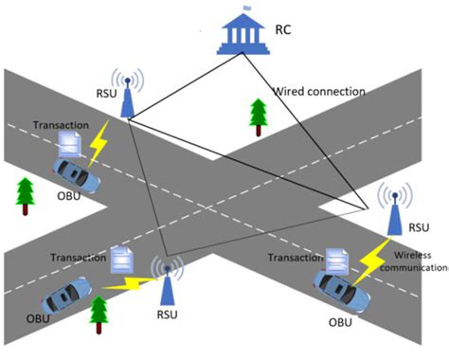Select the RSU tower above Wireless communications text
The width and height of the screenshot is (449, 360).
click(x=394, y=211)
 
